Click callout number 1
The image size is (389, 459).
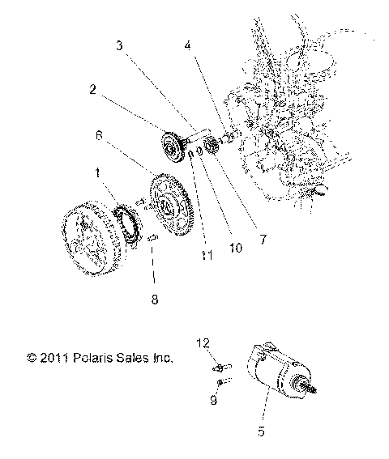tap(98, 173)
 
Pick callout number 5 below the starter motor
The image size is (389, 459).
tap(261, 432)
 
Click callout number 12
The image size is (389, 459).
tap(204, 342)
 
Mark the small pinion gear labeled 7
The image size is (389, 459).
tap(214, 145)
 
